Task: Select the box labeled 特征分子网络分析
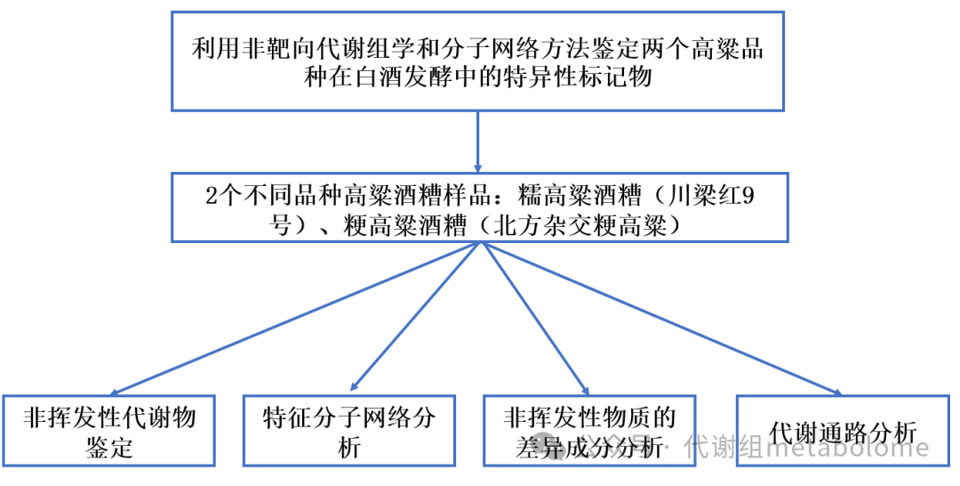click(x=349, y=430)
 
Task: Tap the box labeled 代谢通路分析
click(x=844, y=431)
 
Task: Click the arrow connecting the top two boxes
click(x=478, y=142)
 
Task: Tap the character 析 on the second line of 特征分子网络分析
click(x=349, y=447)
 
